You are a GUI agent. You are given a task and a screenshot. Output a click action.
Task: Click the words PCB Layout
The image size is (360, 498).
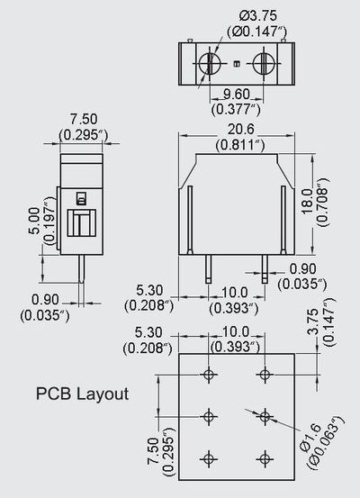coord(82,394)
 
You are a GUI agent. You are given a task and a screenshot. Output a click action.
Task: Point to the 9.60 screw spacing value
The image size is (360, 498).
coord(236,94)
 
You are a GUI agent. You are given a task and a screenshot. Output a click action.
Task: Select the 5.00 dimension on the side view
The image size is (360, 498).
coord(33,219)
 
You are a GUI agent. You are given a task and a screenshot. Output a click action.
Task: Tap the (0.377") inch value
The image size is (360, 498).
coord(236,109)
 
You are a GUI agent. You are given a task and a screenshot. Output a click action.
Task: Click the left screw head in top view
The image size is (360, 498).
coord(209,64)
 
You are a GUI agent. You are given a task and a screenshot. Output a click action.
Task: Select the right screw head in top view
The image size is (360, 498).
coord(264,64)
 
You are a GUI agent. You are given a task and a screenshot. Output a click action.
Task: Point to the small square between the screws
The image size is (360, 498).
coord(236,64)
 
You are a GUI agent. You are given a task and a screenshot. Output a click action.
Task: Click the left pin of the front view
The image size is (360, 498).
coord(209,268)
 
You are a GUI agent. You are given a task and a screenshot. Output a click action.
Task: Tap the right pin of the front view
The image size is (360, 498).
coord(265,268)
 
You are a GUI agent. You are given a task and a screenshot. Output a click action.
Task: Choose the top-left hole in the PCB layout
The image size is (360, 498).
coord(209,374)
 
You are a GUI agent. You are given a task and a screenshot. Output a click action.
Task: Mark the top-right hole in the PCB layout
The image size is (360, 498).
coord(265,374)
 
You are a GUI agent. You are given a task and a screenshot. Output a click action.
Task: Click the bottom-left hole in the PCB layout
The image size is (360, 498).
coord(209,457)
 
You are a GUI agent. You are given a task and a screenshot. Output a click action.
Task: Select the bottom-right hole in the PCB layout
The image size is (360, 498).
coord(265,457)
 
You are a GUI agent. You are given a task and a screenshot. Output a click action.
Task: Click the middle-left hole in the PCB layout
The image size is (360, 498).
coord(209,416)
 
